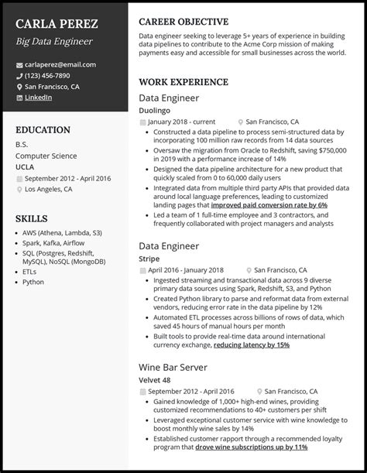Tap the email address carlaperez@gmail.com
[60, 64]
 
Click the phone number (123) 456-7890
[47, 76]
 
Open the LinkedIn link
[39, 98]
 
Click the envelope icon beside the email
[19, 64]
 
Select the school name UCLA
[25, 166]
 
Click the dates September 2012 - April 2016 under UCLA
[67, 178]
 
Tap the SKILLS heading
[32, 218]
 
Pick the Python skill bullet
[33, 282]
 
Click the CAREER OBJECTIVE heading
[183, 22]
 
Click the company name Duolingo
[154, 111]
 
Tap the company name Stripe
[149, 259]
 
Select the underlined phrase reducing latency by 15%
[251, 344]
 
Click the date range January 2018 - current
[181, 122]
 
